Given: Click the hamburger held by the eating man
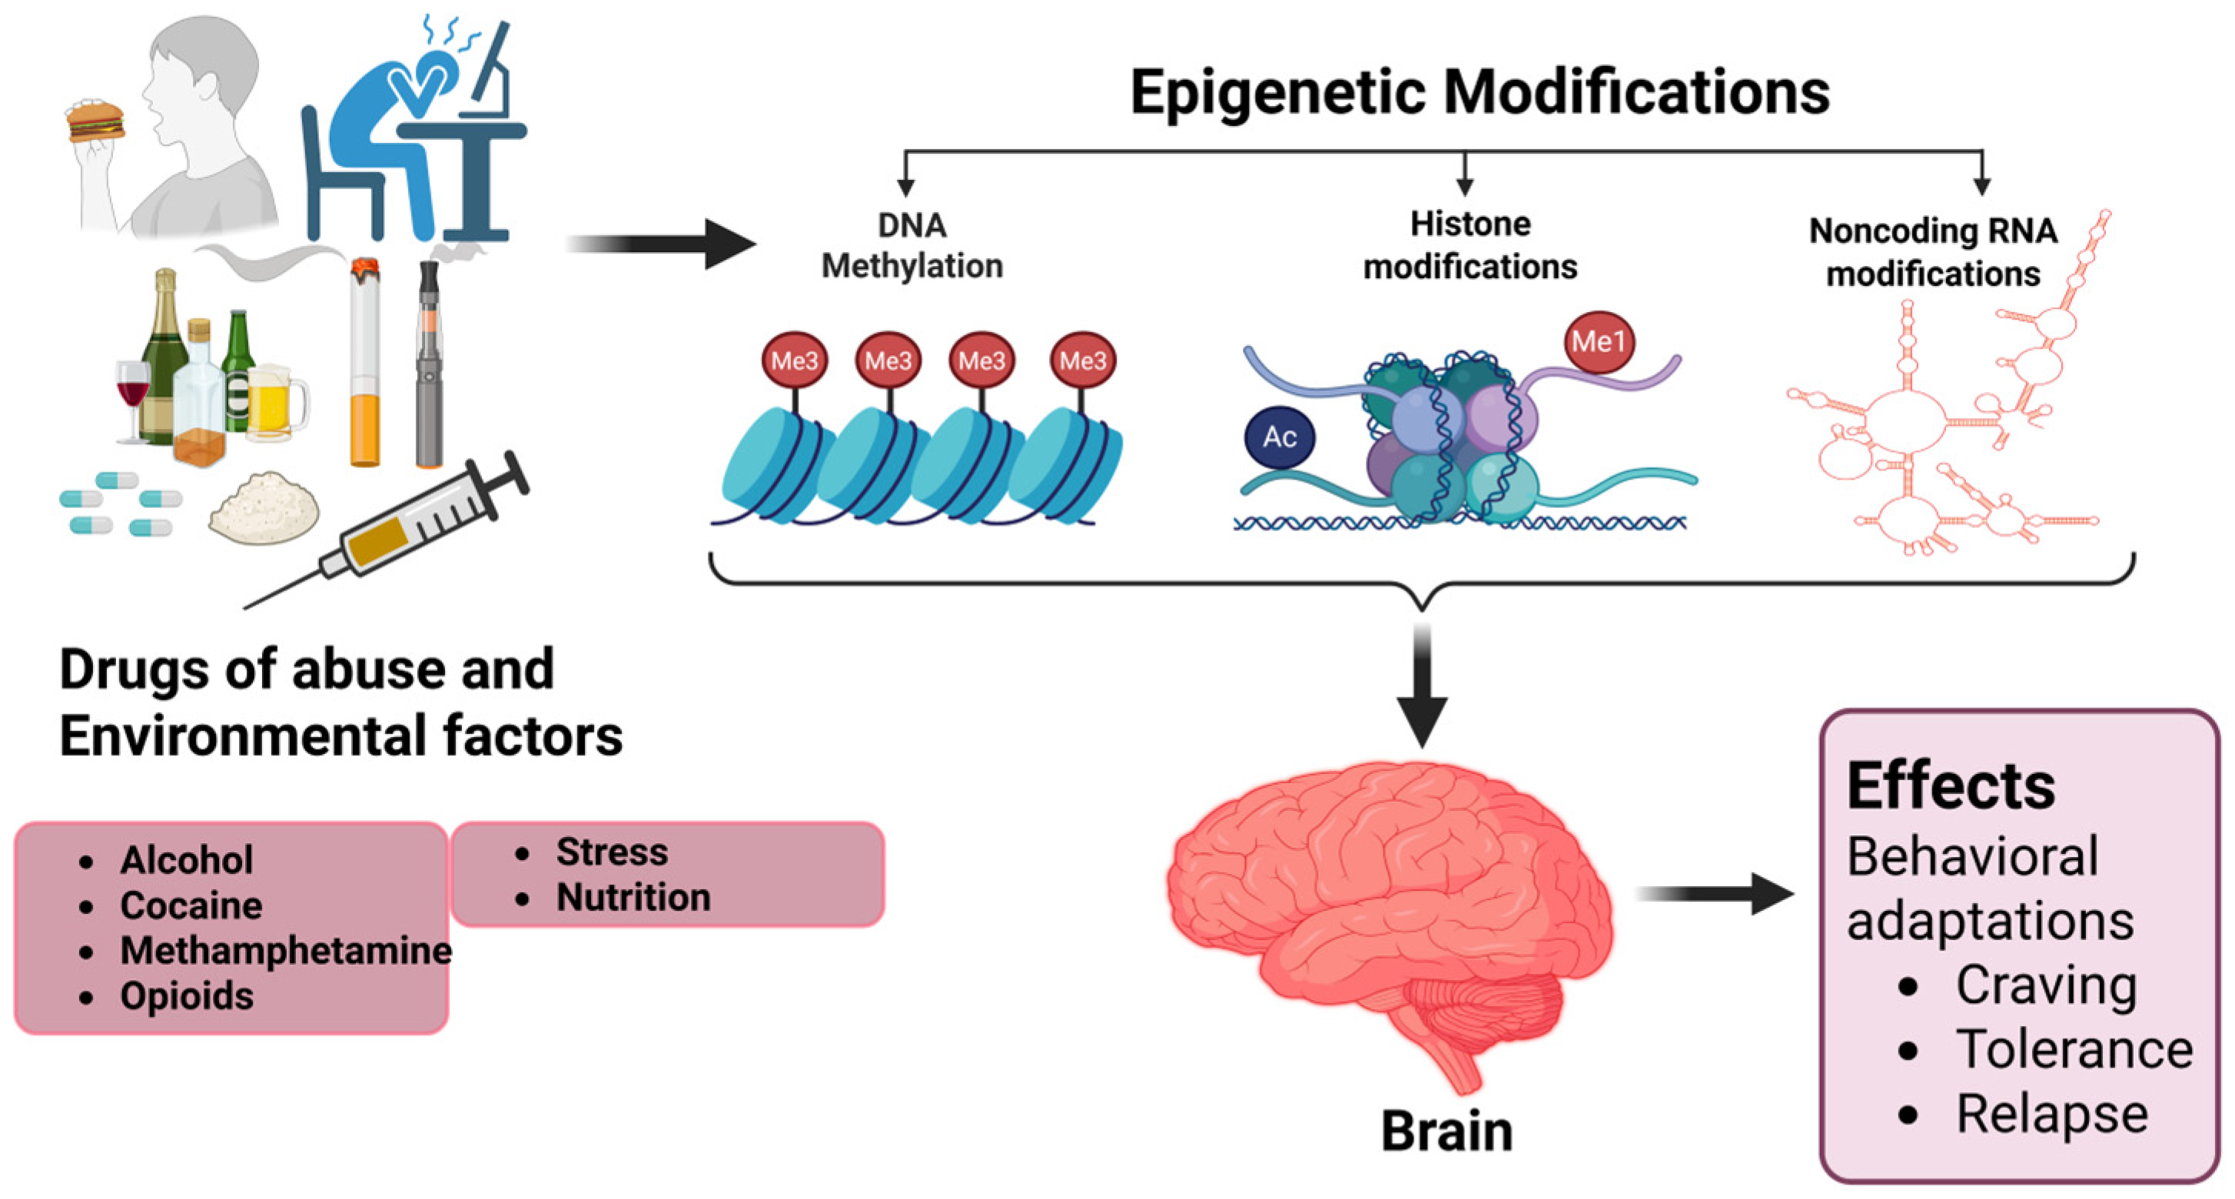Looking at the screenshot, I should click(x=95, y=121).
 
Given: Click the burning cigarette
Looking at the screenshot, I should click(x=365, y=364).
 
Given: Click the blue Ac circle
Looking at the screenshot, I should click(x=1279, y=437).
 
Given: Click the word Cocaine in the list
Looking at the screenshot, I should click(x=191, y=905).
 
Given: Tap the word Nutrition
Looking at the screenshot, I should click(x=633, y=897).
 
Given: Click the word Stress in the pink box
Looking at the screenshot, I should click(x=612, y=852).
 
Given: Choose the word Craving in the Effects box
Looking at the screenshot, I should click(x=2045, y=985).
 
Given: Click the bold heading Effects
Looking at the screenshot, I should click(x=1951, y=786).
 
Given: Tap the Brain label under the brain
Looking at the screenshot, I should click(x=1446, y=1131).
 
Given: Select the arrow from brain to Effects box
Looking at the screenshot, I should click(x=1714, y=894).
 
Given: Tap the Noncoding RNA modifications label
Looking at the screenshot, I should click(x=1932, y=251).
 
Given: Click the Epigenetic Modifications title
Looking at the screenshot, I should click(x=1479, y=92).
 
